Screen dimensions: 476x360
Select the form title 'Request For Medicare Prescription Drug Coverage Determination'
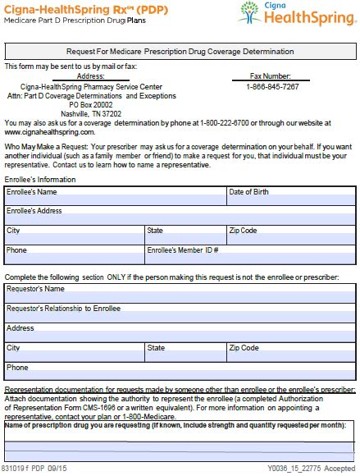point(180,52)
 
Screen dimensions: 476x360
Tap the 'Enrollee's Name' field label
point(32,192)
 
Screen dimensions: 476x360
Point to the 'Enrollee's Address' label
point(34,211)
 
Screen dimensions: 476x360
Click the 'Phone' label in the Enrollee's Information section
point(16,249)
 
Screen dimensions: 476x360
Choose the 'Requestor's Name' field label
point(35,289)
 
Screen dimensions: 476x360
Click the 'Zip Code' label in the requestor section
point(244,348)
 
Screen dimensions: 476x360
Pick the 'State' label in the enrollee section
point(155,231)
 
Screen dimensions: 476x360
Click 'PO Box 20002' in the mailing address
point(90,104)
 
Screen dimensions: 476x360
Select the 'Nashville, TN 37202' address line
point(90,113)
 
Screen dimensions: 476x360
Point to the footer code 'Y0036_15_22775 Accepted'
point(311,469)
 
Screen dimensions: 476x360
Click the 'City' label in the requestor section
point(14,348)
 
